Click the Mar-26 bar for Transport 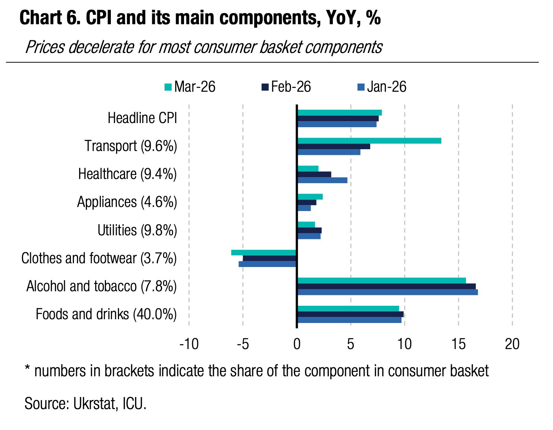pyautogui.click(x=369, y=141)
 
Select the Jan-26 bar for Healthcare pyautogui.click(x=322, y=180)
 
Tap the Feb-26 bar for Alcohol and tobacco pyautogui.click(x=386, y=286)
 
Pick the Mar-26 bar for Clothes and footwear pyautogui.click(x=263, y=252)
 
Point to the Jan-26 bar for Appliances pyautogui.click(x=304, y=208)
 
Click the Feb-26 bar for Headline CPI pyautogui.click(x=338, y=118)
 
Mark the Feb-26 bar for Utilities pyautogui.click(x=309, y=230)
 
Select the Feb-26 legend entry pyautogui.click(x=286, y=87)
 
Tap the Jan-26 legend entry pyautogui.click(x=382, y=87)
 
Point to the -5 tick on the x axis pyautogui.click(x=243, y=344)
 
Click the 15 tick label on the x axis pyautogui.click(x=459, y=344)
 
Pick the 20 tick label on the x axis pyautogui.click(x=512, y=344)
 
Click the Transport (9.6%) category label pyautogui.click(x=131, y=146)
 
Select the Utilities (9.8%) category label pyautogui.click(x=137, y=230)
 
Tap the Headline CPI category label pyautogui.click(x=142, y=118)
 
